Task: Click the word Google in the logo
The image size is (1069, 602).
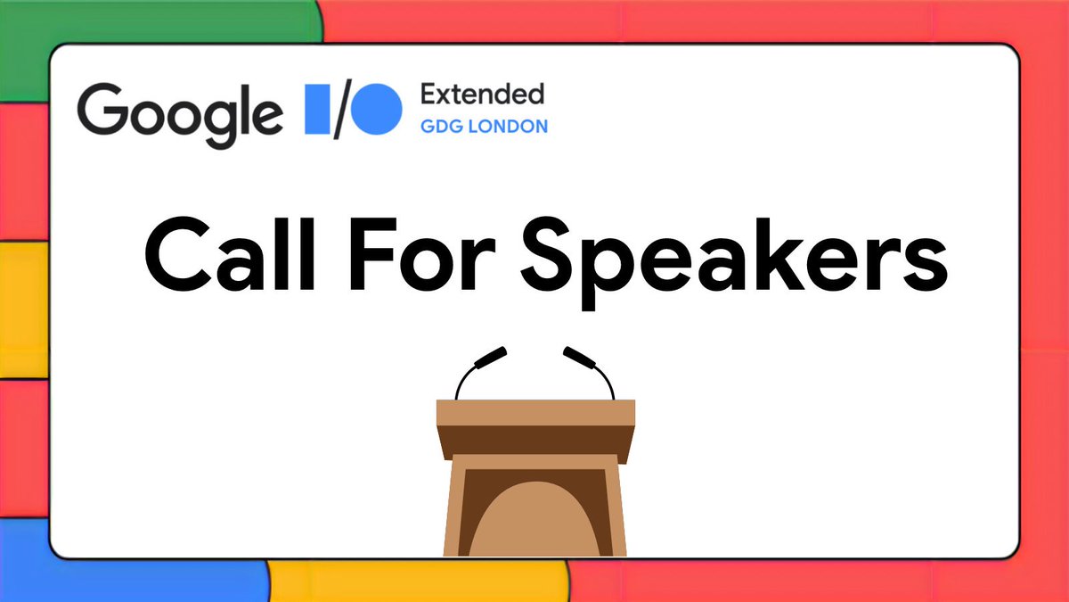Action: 178,111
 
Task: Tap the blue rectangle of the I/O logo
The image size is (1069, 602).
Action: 317,109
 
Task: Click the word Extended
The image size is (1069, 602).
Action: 481,93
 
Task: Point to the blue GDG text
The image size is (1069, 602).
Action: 441,127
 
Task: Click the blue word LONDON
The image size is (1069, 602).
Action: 510,127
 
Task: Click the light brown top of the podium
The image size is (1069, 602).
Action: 534,412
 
